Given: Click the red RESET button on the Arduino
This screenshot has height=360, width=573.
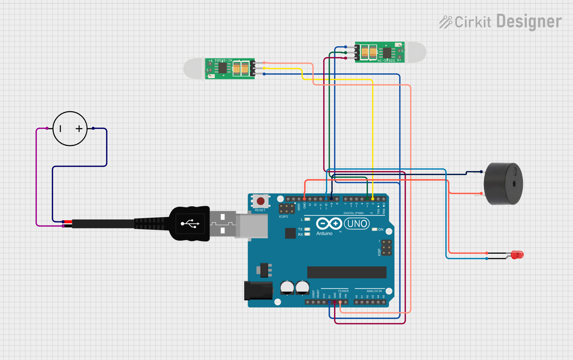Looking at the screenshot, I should pyautogui.click(x=260, y=201).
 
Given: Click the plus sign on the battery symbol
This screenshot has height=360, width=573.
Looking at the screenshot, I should pyautogui.click(x=79, y=129).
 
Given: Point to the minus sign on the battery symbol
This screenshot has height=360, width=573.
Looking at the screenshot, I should pyautogui.click(x=60, y=129).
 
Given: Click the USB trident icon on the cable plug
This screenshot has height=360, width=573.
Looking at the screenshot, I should pyautogui.click(x=190, y=224).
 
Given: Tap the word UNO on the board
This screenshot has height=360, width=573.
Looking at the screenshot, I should pyautogui.click(x=357, y=223).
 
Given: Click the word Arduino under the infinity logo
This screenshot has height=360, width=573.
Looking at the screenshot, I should pyautogui.click(x=324, y=234).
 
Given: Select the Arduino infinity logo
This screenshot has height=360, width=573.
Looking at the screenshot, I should pyautogui.click(x=329, y=223).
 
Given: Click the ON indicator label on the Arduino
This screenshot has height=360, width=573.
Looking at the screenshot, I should pyautogui.click(x=380, y=230).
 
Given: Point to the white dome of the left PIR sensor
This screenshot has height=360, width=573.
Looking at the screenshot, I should pyautogui.click(x=193, y=68).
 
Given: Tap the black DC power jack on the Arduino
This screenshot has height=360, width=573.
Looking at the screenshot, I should pyautogui.click(x=258, y=291).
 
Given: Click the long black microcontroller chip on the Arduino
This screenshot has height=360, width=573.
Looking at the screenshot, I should pyautogui.click(x=346, y=272).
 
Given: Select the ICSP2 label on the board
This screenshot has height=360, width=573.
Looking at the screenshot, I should pyautogui.click(x=284, y=217).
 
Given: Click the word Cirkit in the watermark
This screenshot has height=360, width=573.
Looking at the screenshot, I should pyautogui.click(x=473, y=22).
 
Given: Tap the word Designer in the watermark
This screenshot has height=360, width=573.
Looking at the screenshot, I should pyautogui.click(x=529, y=22).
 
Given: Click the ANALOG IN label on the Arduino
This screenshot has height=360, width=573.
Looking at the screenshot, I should pyautogui.click(x=374, y=291).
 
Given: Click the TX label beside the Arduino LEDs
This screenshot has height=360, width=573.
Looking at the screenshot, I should pyautogui.click(x=300, y=229).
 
